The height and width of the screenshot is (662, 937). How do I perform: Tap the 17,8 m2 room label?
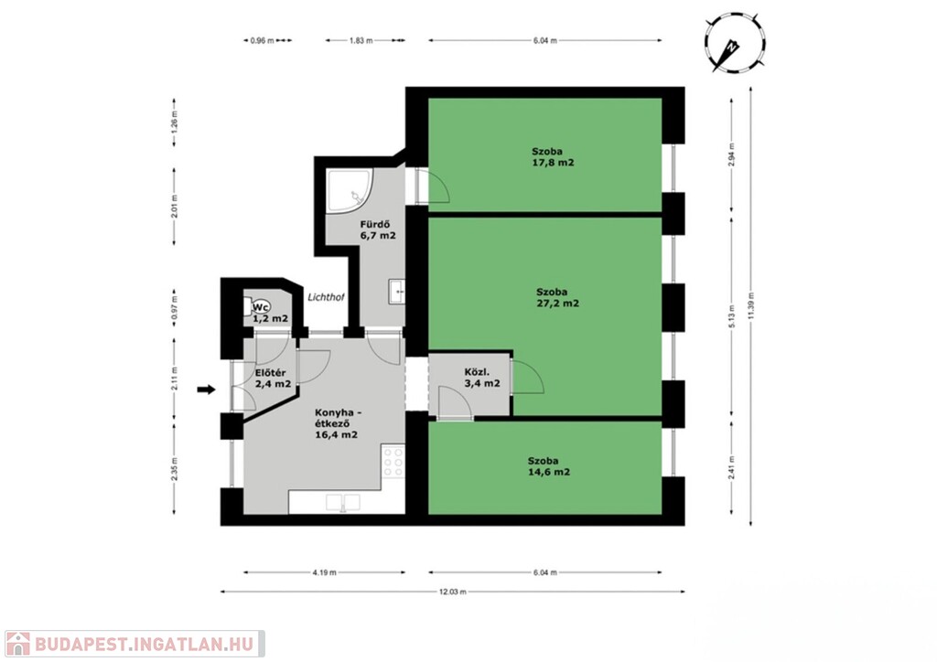coord(553,157)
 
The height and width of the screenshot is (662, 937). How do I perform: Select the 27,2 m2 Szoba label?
coord(557,297)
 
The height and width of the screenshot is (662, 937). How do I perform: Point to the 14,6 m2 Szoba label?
coord(549,466)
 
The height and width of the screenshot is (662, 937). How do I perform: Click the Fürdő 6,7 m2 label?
coord(378,230)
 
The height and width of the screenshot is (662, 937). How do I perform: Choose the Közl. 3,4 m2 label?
coord(482,378)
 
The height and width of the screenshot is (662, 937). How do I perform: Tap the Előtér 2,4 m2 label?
coord(273,379)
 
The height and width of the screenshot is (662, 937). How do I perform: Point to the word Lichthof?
coord(326,296)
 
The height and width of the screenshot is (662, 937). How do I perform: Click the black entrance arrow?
coord(206,390)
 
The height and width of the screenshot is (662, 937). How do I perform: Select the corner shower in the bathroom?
coord(350,190)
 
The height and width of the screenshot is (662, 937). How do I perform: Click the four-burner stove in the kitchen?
coord(393,462)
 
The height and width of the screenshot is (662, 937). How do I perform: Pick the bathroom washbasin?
coord(397,292)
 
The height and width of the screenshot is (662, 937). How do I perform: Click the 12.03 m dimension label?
coord(452,592)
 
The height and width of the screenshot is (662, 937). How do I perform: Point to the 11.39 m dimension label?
coord(750,305)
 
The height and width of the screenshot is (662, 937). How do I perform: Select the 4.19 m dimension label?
coord(325,572)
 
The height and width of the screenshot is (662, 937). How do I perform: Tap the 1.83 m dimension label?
coord(361,40)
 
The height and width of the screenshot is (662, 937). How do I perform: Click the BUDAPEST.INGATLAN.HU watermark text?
coord(144,644)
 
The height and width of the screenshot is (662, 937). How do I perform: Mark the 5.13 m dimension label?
coord(731,316)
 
